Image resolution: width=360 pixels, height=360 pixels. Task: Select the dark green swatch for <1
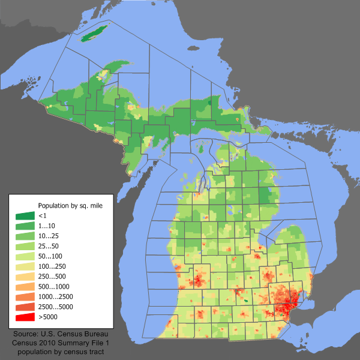click(x=25, y=215)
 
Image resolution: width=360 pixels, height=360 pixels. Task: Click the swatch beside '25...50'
click(x=25, y=246)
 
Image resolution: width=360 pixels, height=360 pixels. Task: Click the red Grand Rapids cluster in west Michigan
click(x=197, y=281)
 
